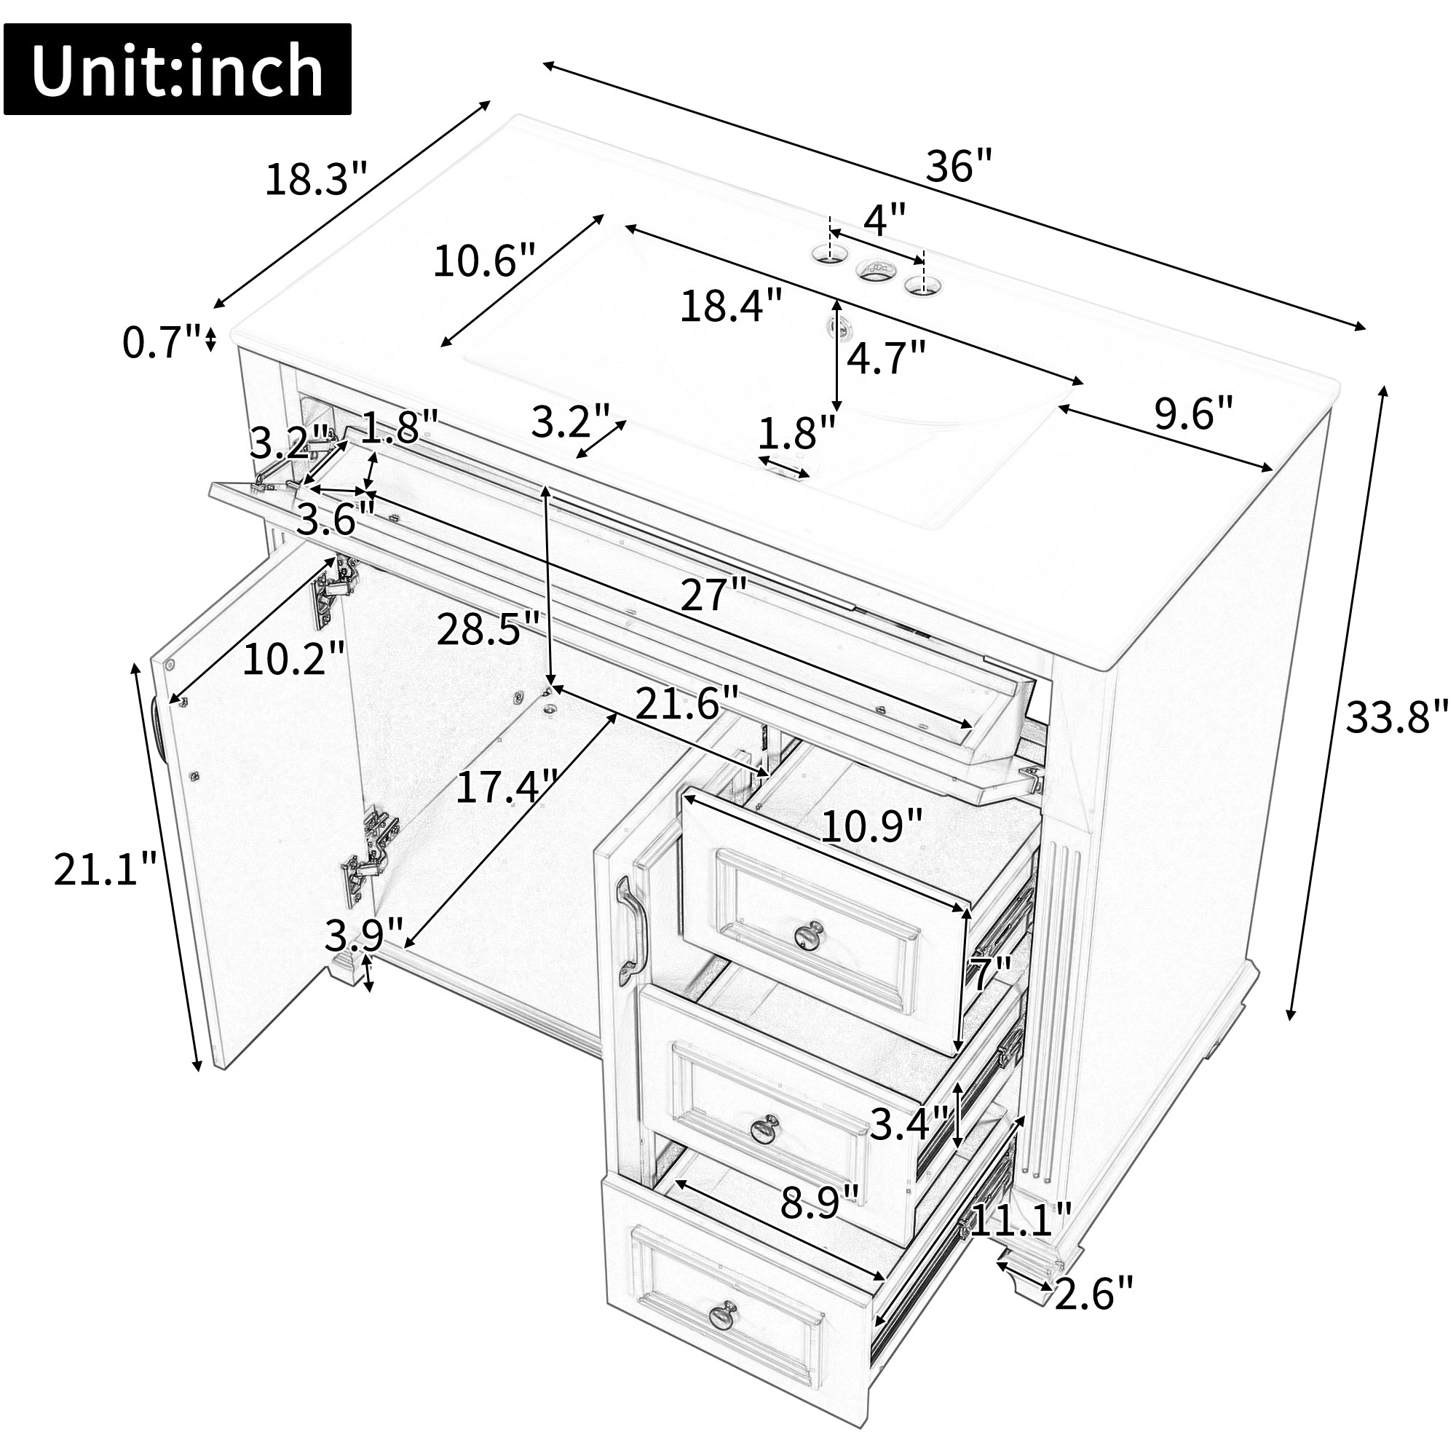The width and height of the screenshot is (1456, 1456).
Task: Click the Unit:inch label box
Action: (x=178, y=69)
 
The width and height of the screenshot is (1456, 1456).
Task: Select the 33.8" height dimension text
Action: (x=1397, y=716)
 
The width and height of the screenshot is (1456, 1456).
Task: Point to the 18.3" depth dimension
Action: (x=316, y=180)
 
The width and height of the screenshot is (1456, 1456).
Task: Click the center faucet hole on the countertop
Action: (x=874, y=269)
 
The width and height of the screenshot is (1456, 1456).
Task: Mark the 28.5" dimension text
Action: (x=489, y=628)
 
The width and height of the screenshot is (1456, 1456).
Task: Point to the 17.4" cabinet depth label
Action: (x=508, y=787)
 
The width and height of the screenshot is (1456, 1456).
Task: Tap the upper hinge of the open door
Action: (x=336, y=590)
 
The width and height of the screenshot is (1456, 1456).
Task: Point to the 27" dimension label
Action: (x=713, y=595)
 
